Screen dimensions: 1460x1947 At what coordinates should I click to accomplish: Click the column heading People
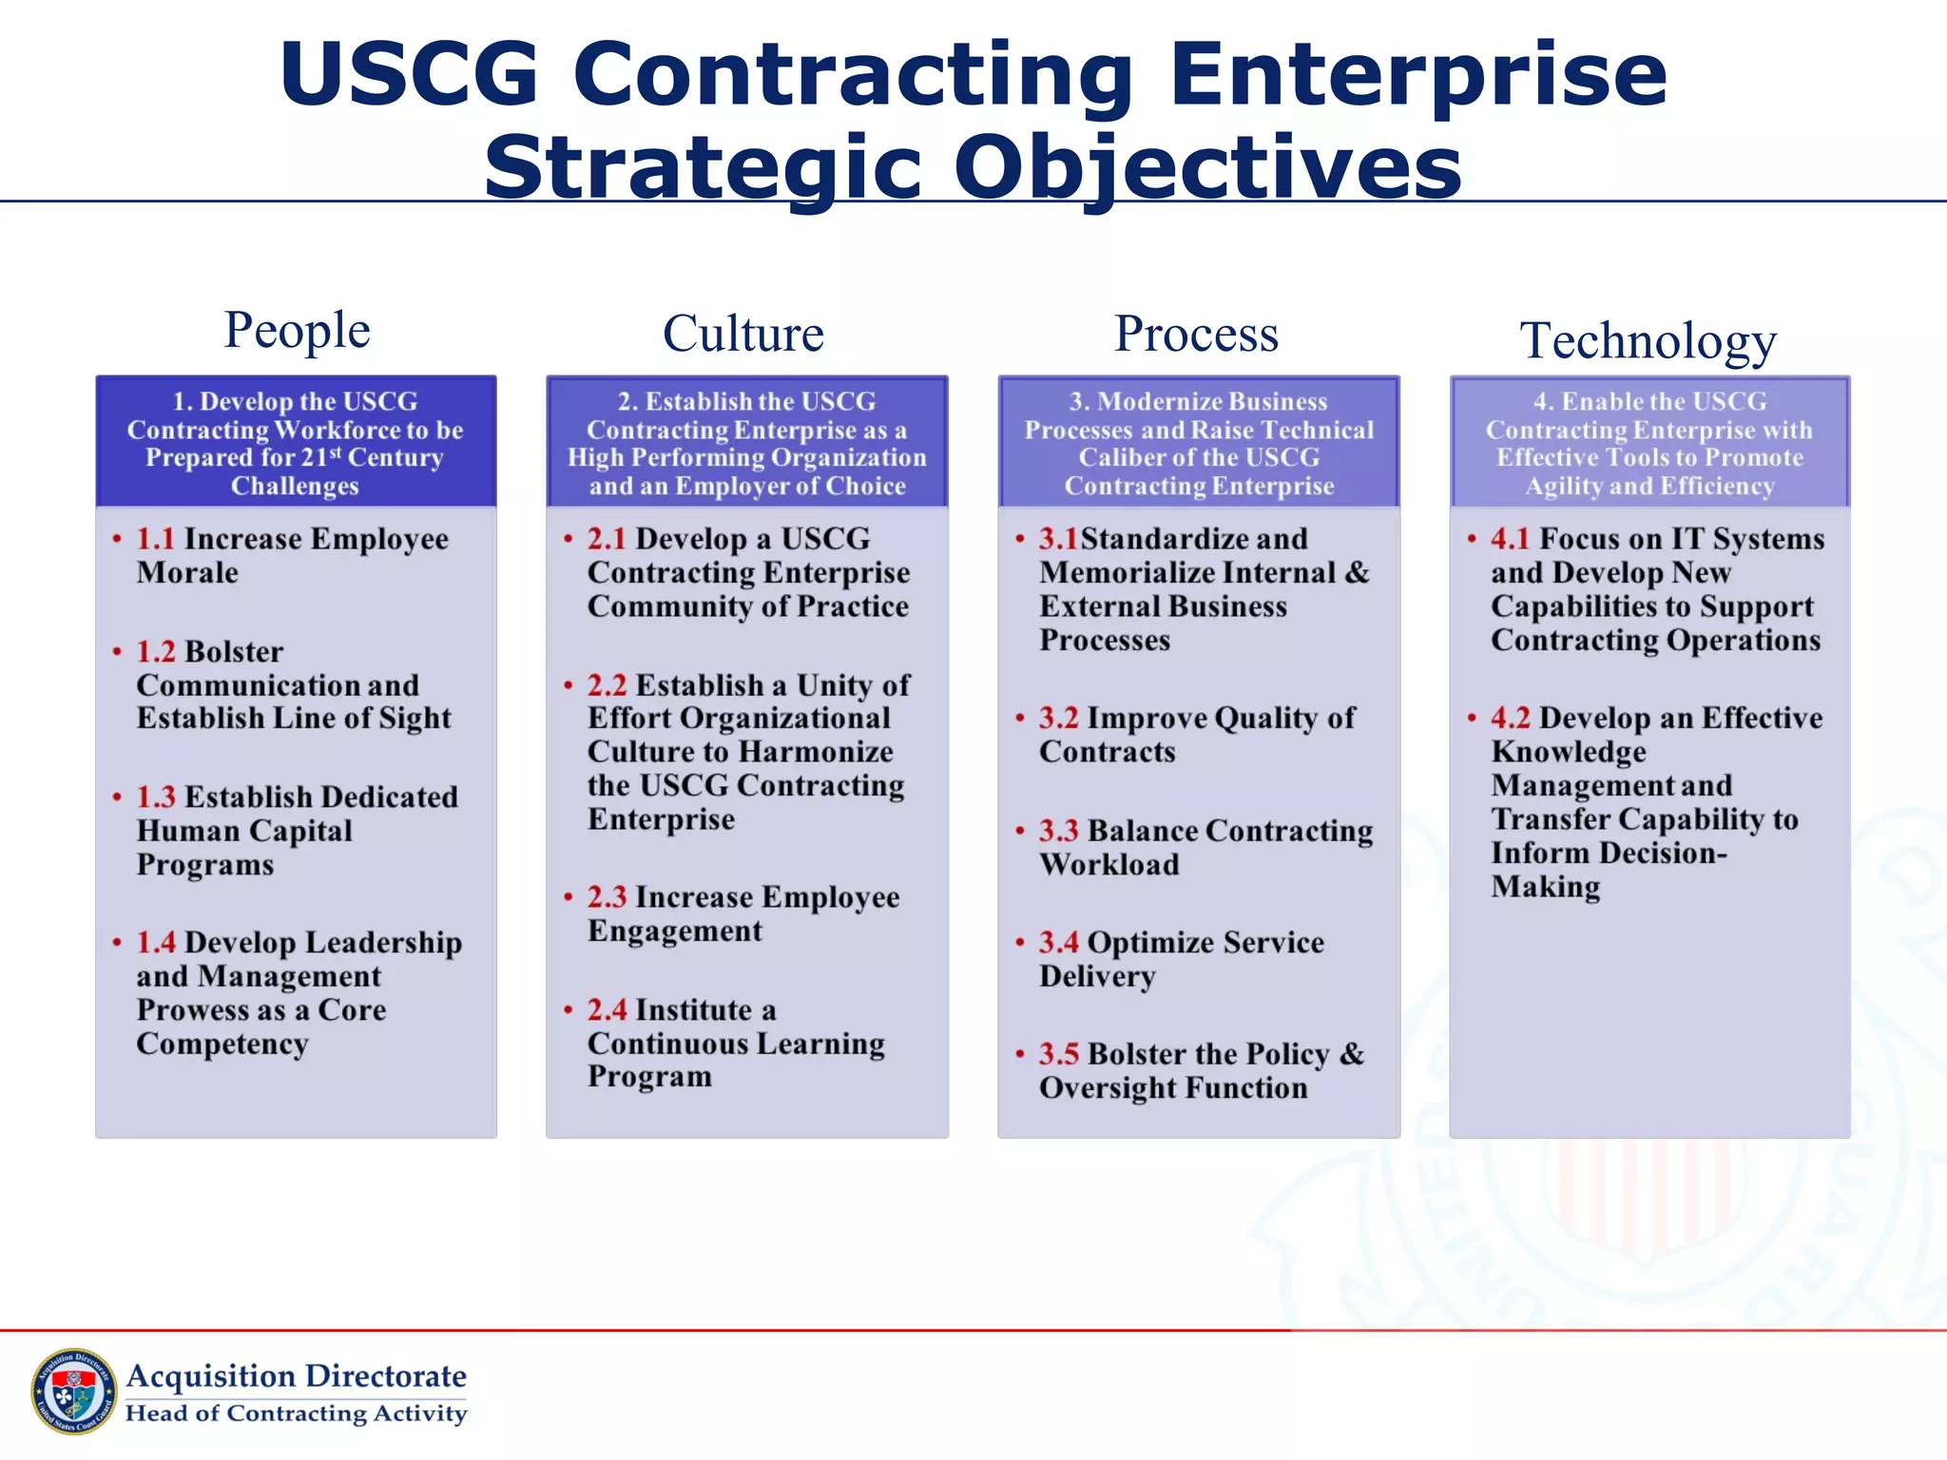[x=297, y=331]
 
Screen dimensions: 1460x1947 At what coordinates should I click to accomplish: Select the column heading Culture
[x=743, y=334]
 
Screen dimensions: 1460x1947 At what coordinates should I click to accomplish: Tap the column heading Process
[x=1196, y=334]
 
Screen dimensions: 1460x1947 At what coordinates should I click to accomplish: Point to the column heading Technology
[x=1648, y=340]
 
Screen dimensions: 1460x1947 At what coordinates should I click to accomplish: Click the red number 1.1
[x=155, y=539]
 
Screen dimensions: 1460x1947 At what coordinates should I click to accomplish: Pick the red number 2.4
[x=607, y=1009]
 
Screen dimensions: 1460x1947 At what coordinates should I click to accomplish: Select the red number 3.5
[x=1058, y=1054]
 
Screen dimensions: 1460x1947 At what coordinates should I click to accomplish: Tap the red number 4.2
[x=1510, y=718]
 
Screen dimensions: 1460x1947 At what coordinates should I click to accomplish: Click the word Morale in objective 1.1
[x=187, y=573]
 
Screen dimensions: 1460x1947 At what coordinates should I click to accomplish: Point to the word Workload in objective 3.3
[x=1108, y=865]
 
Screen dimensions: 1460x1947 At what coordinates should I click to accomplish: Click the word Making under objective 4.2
[x=1546, y=887]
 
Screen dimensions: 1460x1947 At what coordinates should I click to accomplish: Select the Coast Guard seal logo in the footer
[x=73, y=1392]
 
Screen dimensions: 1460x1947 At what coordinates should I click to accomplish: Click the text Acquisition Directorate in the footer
[x=297, y=1375]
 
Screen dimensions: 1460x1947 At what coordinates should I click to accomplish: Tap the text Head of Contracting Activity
[x=297, y=1413]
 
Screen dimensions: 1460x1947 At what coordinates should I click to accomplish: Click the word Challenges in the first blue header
[x=295, y=486]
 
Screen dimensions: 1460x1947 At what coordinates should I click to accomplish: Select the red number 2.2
[x=607, y=685]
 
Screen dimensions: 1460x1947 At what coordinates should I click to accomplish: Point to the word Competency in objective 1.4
[x=222, y=1044]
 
